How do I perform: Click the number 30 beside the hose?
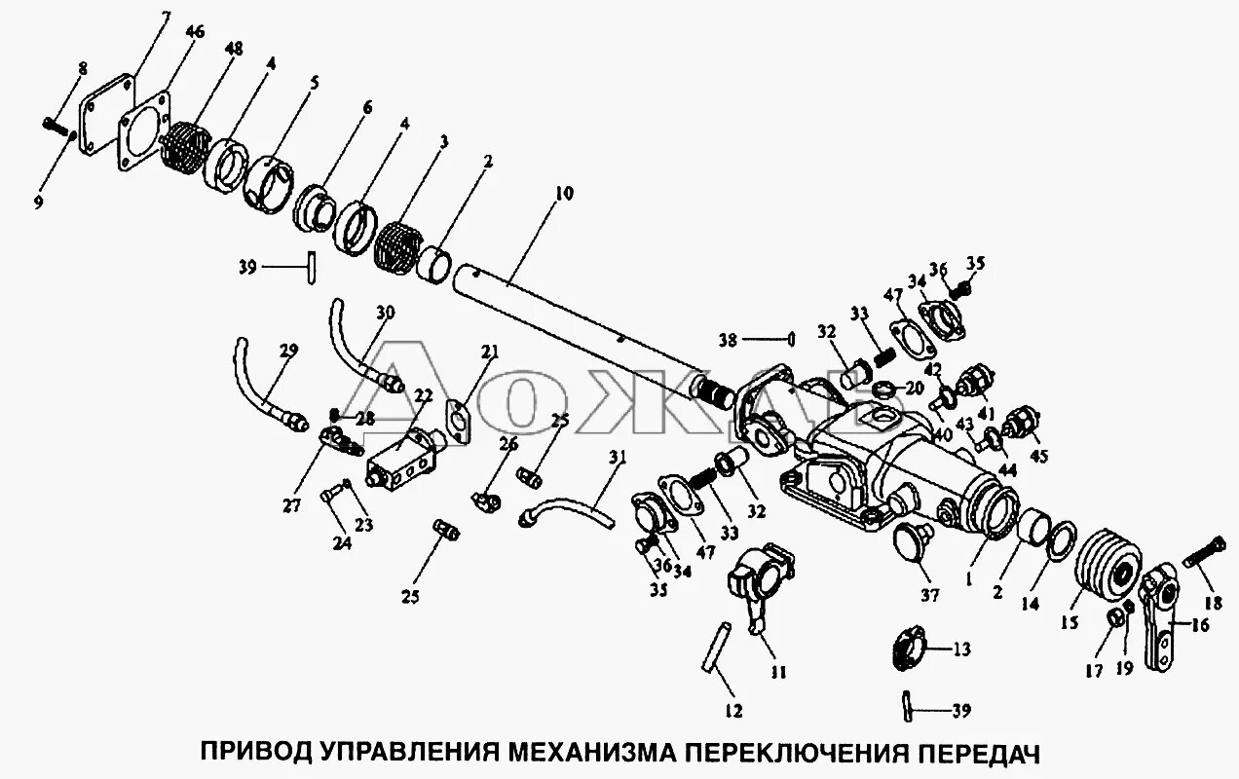pyautogui.click(x=385, y=314)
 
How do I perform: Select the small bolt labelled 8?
pyautogui.click(x=58, y=124)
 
